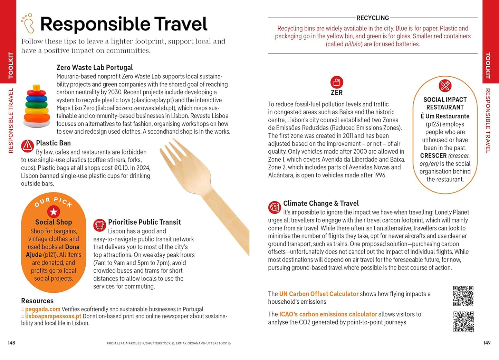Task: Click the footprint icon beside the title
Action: (x=28, y=23)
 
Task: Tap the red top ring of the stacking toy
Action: (x=36, y=88)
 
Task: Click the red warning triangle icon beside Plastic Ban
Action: (x=27, y=146)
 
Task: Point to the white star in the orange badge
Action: (x=54, y=211)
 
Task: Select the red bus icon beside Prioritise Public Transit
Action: (x=99, y=225)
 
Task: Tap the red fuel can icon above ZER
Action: (x=337, y=83)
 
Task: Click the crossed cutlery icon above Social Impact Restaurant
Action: (x=445, y=86)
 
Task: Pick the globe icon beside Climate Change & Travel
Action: (x=275, y=207)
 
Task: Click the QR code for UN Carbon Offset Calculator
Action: (x=463, y=296)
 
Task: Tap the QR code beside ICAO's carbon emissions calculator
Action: (x=463, y=322)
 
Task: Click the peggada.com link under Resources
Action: (x=42, y=309)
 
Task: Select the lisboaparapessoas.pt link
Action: (x=53, y=316)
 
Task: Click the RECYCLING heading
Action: (x=373, y=18)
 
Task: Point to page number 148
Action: (x=11, y=343)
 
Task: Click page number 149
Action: (x=487, y=343)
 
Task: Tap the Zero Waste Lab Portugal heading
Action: (x=95, y=67)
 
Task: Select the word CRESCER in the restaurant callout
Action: (x=433, y=156)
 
